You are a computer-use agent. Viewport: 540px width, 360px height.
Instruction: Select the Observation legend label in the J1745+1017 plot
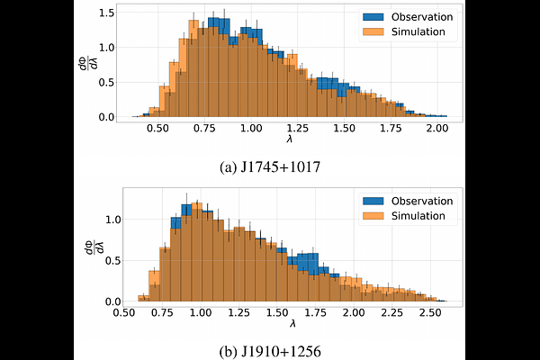pyautogui.click(x=420, y=16)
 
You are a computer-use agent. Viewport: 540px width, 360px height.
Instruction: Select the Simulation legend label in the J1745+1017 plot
pyautogui.click(x=418, y=31)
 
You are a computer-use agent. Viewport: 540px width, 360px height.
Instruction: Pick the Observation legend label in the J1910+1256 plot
pyautogui.click(x=420, y=200)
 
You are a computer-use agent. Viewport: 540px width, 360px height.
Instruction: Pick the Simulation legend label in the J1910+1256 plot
pyautogui.click(x=418, y=215)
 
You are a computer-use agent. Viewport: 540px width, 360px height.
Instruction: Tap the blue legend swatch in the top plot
pyautogui.click(x=373, y=16)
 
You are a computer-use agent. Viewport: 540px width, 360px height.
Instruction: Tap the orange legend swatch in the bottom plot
pyautogui.click(x=373, y=215)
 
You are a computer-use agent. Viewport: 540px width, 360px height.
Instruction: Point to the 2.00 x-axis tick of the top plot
pyautogui.click(x=436, y=129)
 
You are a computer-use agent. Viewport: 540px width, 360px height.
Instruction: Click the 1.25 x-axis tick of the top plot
pyautogui.click(x=297, y=129)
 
